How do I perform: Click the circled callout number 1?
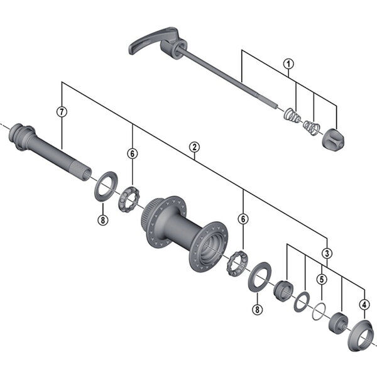point(288,63)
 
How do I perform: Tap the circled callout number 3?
point(327,253)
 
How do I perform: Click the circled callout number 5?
point(321,280)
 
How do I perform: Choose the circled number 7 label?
point(61,112)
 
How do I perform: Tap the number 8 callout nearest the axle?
point(102,220)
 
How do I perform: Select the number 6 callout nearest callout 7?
point(132,153)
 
